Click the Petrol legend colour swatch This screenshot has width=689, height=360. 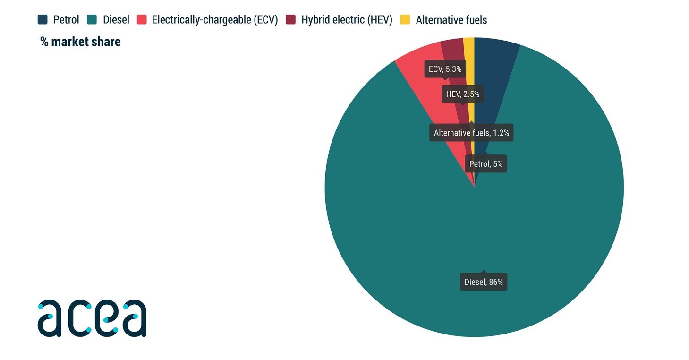43,20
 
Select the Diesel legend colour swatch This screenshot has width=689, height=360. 92,20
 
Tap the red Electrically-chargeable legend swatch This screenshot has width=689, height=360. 142,20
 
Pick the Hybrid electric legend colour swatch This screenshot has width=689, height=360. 291,20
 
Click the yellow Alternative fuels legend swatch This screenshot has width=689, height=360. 405,20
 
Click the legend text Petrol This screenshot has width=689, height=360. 66,20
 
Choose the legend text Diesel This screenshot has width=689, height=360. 116,20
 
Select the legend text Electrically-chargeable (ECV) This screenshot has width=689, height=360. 215,20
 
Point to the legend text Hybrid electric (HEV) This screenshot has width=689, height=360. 347,20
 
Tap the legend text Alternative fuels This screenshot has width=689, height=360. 451,20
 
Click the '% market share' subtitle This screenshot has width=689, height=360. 81,42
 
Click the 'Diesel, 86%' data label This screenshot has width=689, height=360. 483,283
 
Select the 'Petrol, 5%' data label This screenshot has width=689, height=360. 485,164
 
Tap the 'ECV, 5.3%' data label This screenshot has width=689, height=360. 444,69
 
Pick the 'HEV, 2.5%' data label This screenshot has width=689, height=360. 462,94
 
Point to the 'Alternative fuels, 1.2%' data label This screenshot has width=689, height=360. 471,133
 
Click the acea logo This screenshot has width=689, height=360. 92,318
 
